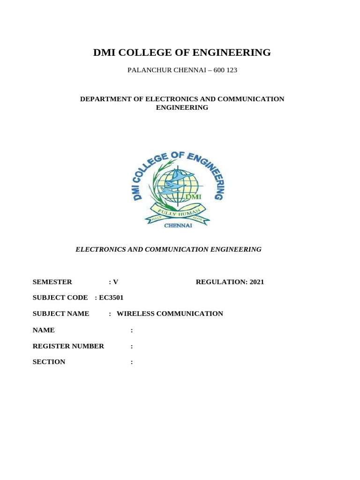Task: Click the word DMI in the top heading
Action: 105,52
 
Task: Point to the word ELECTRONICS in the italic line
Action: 99,249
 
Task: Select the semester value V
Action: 115,282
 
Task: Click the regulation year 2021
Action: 257,282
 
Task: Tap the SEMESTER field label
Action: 52,282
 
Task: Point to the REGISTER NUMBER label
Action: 68,346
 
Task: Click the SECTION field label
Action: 49,362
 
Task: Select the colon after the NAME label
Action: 132,330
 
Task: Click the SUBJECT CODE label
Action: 60,298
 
